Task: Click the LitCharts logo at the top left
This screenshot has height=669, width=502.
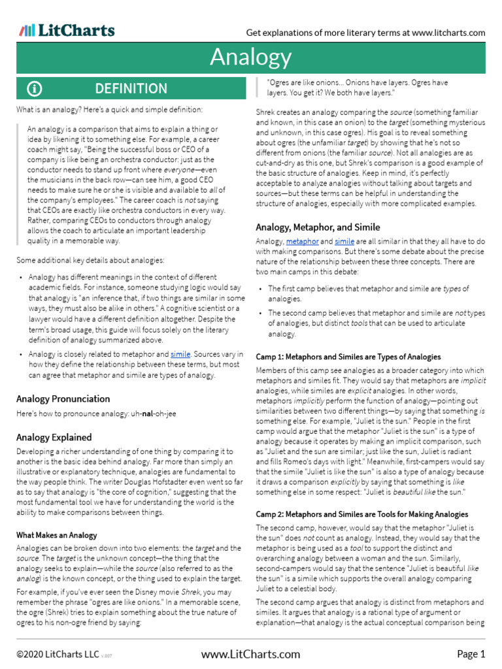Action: tap(67, 31)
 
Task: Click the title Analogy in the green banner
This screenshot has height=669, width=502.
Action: tap(251, 57)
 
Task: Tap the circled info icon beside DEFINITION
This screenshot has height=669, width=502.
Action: tap(34, 89)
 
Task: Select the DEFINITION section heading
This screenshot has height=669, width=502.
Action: tap(131, 89)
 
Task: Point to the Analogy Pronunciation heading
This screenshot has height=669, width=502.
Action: tap(63, 399)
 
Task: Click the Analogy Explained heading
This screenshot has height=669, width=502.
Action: tap(54, 437)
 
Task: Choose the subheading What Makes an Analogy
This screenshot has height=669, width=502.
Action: tap(56, 535)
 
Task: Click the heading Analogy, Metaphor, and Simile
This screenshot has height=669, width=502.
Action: tap(318, 227)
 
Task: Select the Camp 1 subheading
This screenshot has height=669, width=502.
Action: tap(348, 357)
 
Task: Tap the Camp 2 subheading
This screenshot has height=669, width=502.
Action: tap(361, 514)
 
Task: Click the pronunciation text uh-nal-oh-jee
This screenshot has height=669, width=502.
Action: tap(153, 414)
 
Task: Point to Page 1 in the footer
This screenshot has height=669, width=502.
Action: tap(471, 654)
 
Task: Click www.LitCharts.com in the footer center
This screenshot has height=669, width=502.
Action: tap(250, 654)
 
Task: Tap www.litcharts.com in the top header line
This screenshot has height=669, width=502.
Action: tap(448, 33)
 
